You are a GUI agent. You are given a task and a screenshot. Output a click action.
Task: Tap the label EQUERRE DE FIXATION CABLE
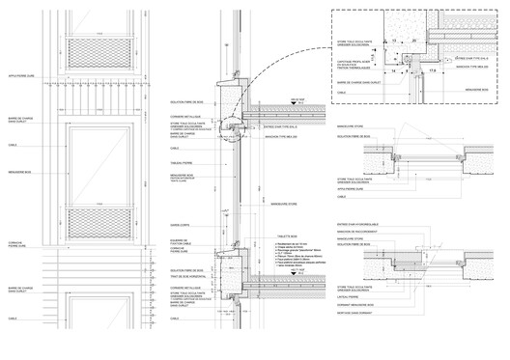pos(181,242)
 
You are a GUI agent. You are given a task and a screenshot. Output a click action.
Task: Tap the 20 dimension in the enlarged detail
pos(411,42)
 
